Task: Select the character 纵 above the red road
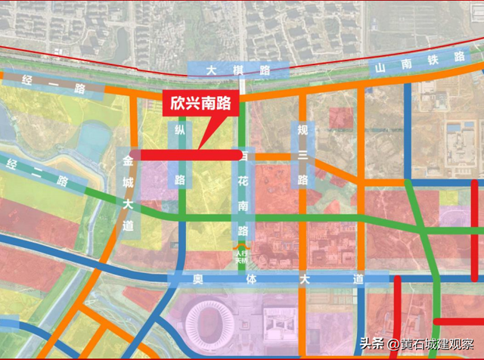point(180,131)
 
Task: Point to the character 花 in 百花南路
point(243,183)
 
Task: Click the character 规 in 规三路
point(302,129)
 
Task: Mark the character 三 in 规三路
point(302,155)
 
